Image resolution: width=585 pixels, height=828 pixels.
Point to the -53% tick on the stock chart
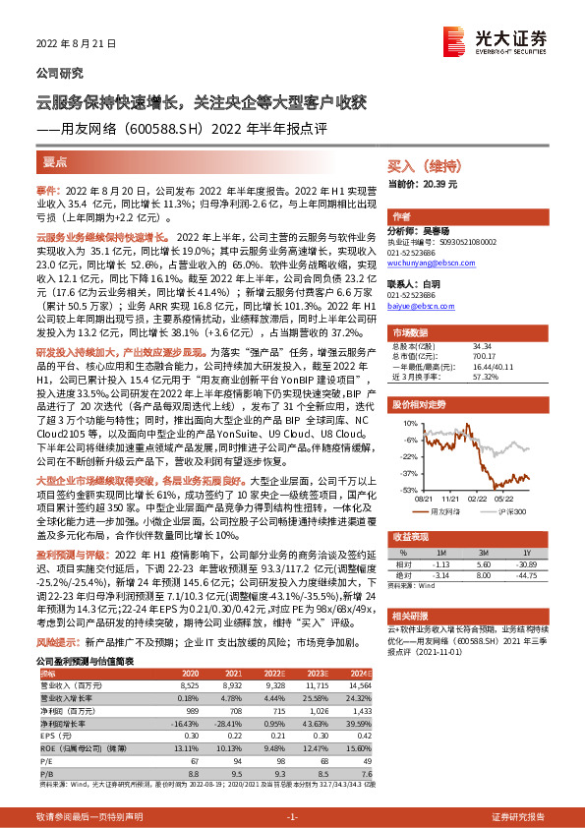coord(403,489)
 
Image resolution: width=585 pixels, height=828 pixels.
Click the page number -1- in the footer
coord(292,816)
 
